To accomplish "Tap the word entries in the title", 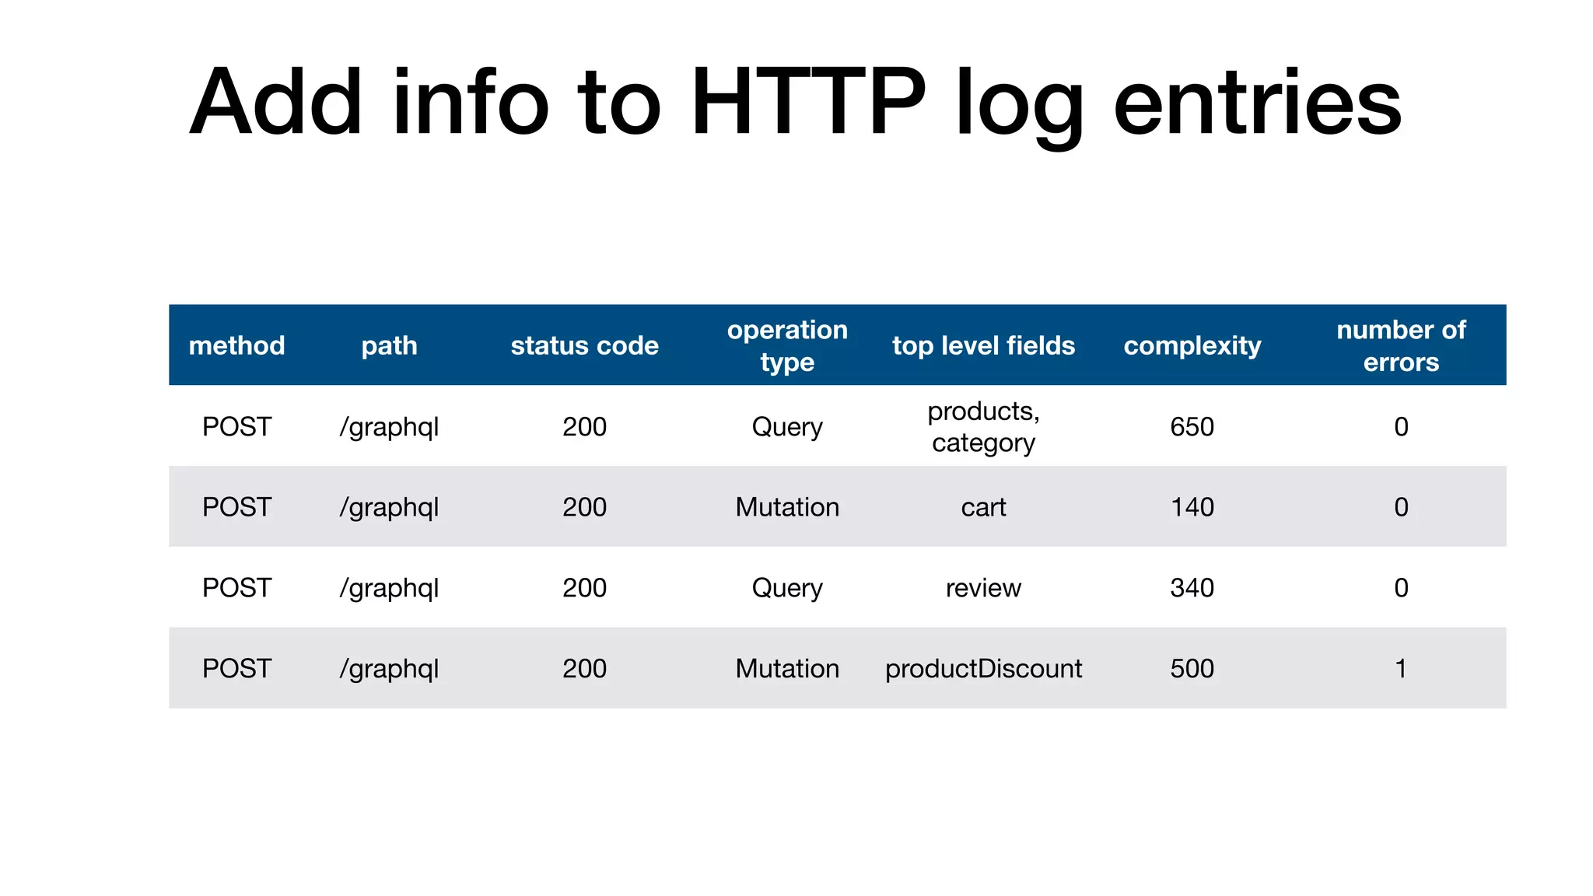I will [x=1257, y=103].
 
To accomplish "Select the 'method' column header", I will [x=236, y=345].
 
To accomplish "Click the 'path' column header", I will [x=389, y=345].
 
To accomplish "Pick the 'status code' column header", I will [x=584, y=345].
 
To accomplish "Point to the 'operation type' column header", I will [x=787, y=345].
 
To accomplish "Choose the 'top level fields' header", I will [x=983, y=345].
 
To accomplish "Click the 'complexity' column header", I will [x=1192, y=345].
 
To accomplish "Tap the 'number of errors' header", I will [x=1401, y=345].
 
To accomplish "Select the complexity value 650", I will [x=1192, y=426].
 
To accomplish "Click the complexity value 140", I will [x=1192, y=507].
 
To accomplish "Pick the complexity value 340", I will [x=1192, y=588].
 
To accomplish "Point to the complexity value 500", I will [x=1192, y=668].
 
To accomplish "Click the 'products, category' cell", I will [x=983, y=426].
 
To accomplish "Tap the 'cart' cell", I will [x=983, y=507].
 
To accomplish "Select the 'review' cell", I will [x=983, y=588].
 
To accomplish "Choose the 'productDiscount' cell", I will [x=983, y=668].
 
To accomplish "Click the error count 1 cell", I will [x=1401, y=668].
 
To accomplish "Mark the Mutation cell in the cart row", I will [x=787, y=507].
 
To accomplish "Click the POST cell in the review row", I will [x=236, y=588].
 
